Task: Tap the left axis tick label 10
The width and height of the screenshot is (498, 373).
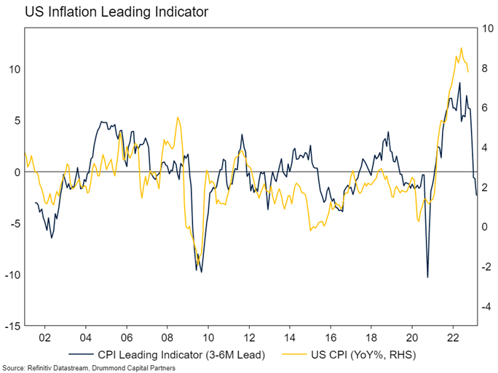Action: tap(15, 69)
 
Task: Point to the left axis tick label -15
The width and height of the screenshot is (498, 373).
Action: tap(12, 326)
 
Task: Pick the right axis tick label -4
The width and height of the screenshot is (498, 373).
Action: tap(483, 307)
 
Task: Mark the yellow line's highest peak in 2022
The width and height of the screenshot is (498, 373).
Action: tap(461, 49)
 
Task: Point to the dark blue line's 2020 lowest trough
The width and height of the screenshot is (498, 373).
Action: tap(427, 277)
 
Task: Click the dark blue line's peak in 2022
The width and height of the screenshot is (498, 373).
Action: tap(459, 82)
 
